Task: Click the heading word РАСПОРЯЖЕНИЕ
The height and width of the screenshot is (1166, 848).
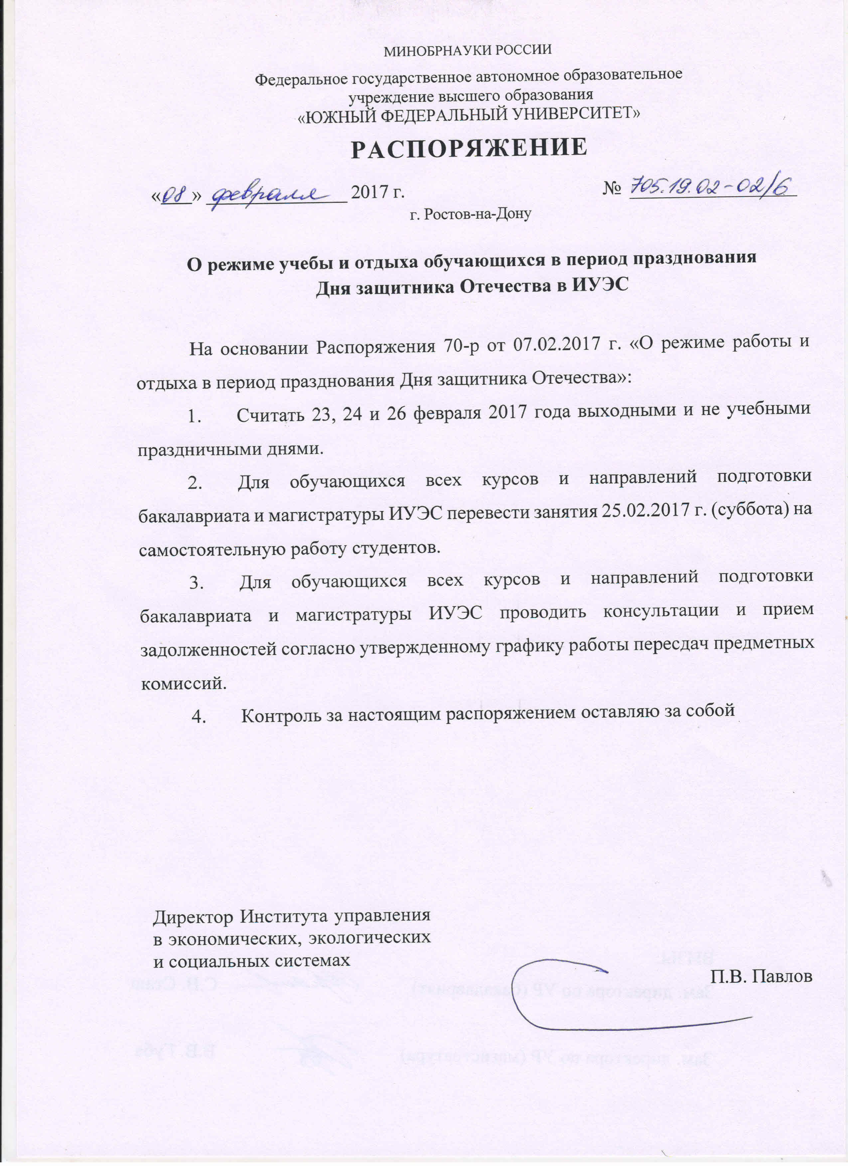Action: coord(469,148)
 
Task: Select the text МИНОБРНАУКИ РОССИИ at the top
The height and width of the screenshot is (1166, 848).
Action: coord(468,50)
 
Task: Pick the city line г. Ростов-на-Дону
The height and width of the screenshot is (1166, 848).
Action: coord(470,214)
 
